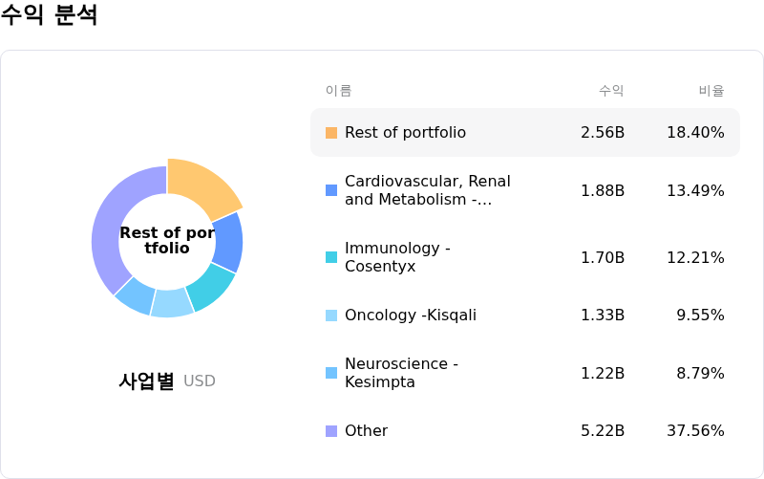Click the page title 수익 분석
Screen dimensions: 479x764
click(x=49, y=15)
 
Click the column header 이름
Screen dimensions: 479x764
click(x=338, y=91)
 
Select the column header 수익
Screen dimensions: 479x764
click(x=611, y=91)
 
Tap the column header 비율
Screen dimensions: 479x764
click(x=711, y=91)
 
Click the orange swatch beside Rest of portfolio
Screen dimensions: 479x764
click(x=331, y=133)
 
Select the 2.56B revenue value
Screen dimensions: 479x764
click(x=603, y=133)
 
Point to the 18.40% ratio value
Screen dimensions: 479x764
click(x=695, y=133)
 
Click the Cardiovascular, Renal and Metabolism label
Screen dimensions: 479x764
click(x=427, y=190)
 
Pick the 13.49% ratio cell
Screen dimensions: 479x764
click(x=695, y=191)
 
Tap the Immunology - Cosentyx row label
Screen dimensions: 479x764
click(x=396, y=257)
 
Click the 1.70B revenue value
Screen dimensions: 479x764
click(x=603, y=257)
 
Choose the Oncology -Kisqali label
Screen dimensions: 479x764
click(x=410, y=316)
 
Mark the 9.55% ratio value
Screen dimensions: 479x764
click(x=700, y=316)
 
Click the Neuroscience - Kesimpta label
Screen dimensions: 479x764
click(x=401, y=373)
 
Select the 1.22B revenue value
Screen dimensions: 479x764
click(x=603, y=373)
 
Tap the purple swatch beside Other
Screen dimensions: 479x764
click(x=331, y=431)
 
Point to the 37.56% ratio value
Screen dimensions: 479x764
click(x=695, y=431)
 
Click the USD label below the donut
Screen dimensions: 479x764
click(x=200, y=381)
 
